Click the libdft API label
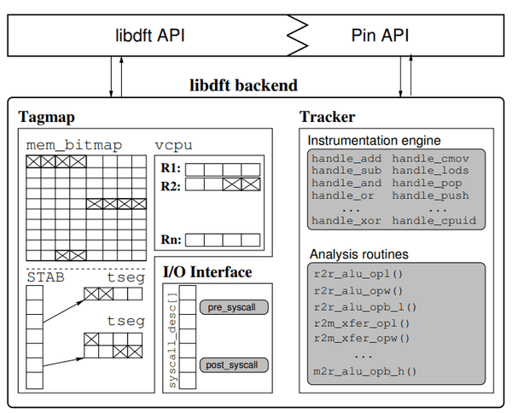[151, 36]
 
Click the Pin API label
[380, 36]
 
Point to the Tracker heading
[328, 116]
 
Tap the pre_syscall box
[234, 305]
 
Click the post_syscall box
[234, 365]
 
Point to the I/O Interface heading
[207, 272]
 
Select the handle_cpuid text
[433, 221]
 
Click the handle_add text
[346, 160]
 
